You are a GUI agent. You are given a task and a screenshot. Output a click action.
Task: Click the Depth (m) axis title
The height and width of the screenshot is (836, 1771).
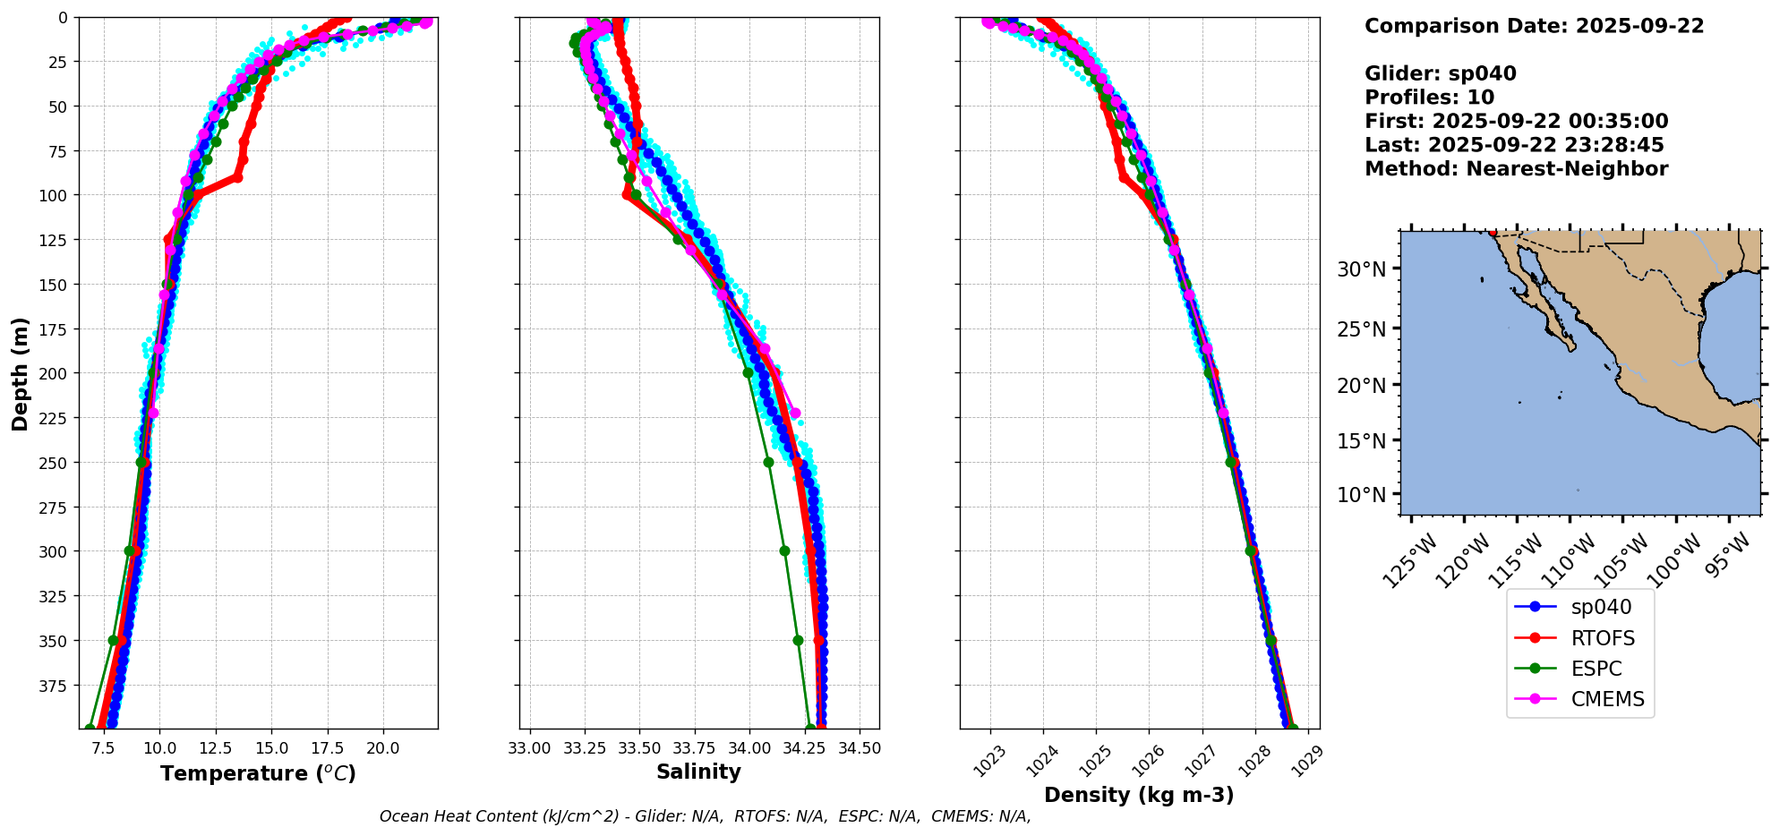pyautogui.click(x=20, y=373)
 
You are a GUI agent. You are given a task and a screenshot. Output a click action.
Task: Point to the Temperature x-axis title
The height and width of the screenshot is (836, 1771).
pyautogui.click(x=258, y=773)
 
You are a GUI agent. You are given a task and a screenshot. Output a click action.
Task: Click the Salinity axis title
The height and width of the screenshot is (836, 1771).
pyautogui.click(x=698, y=772)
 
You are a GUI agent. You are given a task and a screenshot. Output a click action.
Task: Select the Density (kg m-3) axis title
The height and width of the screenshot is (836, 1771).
pyautogui.click(x=1139, y=795)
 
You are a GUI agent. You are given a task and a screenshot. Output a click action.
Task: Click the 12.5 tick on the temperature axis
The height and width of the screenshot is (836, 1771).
pyautogui.click(x=216, y=747)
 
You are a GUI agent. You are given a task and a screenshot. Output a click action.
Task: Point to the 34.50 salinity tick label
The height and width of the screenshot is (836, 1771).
pyautogui.click(x=859, y=747)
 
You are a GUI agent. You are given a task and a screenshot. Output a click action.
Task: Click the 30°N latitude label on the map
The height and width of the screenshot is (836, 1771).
pyautogui.click(x=1361, y=269)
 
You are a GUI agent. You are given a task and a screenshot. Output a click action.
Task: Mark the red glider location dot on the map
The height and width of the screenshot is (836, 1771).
pyautogui.click(x=1493, y=233)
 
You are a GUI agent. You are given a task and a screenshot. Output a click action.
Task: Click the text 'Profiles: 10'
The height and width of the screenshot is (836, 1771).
pyautogui.click(x=1429, y=98)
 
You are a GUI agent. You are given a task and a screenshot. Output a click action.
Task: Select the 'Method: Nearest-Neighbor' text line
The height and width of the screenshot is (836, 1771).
pyautogui.click(x=1516, y=169)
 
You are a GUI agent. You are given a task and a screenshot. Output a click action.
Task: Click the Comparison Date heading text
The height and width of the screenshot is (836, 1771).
pyautogui.click(x=1534, y=26)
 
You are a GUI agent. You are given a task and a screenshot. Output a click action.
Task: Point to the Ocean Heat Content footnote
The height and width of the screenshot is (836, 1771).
pyautogui.click(x=705, y=816)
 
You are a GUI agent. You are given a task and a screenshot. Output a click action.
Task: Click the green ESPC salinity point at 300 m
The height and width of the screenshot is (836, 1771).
pyautogui.click(x=784, y=551)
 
